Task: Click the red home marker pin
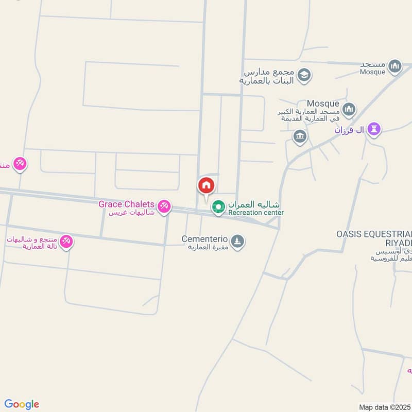click(x=206, y=185)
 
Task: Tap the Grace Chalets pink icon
click(x=164, y=206)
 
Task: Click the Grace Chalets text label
click(x=127, y=204)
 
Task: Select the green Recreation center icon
click(x=218, y=207)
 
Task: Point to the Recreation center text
click(x=256, y=213)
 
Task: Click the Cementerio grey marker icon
click(x=237, y=241)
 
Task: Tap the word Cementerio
click(x=204, y=239)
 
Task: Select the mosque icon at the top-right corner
click(x=395, y=66)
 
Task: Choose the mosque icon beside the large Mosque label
click(x=349, y=109)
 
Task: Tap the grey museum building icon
click(x=300, y=137)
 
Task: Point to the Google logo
click(x=22, y=404)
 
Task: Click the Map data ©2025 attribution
click(x=385, y=407)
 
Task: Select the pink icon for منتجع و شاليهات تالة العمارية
click(x=66, y=241)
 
